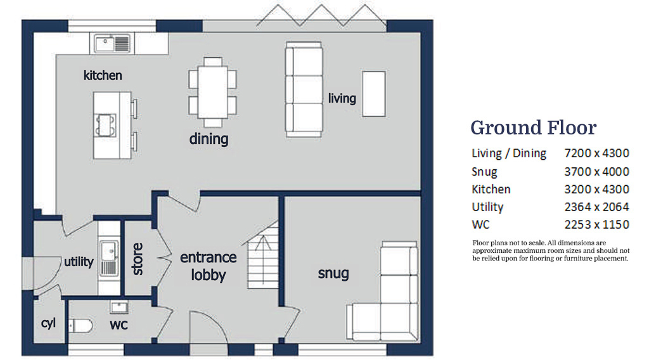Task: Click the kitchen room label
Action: click(103, 75)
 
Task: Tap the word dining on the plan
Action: click(209, 138)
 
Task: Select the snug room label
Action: click(333, 273)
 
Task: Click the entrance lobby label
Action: click(209, 266)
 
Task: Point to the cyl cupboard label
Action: click(48, 323)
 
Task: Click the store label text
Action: click(137, 259)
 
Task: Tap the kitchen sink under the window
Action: click(112, 43)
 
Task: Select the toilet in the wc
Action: click(80, 326)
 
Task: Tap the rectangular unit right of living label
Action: click(373, 94)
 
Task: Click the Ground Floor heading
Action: click(533, 127)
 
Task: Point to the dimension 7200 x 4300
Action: click(596, 153)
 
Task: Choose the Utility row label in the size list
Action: click(487, 207)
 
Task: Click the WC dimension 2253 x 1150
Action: click(596, 224)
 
